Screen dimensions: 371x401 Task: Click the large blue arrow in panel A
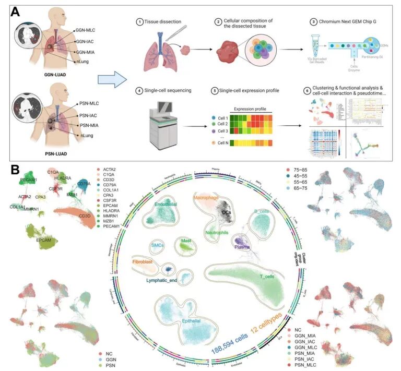[113, 81]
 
